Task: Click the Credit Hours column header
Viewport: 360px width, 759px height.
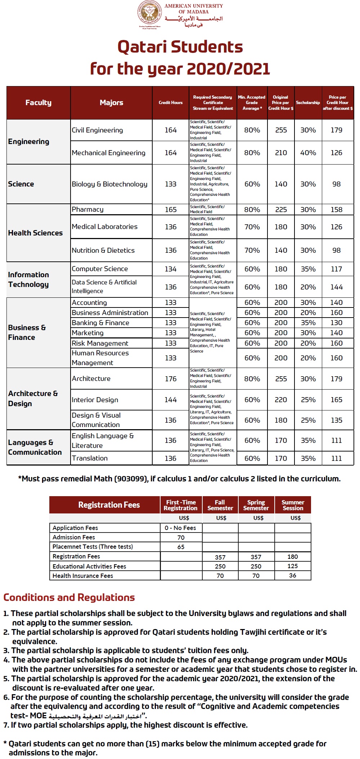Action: coord(171,103)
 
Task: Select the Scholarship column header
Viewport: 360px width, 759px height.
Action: coord(308,103)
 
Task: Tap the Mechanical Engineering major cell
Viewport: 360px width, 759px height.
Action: coord(108,153)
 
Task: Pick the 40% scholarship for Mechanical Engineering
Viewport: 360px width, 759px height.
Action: coord(308,153)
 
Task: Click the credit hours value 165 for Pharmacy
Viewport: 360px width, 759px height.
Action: coord(171,210)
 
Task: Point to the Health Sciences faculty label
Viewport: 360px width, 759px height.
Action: coord(35,233)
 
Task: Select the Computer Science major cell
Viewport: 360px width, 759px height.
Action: coord(100,269)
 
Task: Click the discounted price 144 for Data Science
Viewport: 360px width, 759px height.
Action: coord(337,287)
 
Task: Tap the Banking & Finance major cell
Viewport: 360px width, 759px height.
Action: coord(100,323)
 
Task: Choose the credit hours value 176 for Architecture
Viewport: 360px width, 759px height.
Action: coord(171,379)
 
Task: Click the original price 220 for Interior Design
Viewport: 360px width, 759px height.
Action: coord(281,400)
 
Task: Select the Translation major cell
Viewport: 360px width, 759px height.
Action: coord(90,458)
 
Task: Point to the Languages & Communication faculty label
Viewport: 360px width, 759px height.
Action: coord(35,447)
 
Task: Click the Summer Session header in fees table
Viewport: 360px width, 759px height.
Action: coord(293,505)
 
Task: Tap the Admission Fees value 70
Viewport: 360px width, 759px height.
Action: coord(181,538)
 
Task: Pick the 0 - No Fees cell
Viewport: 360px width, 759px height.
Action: coord(180,528)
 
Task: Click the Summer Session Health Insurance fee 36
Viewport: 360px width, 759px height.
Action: coord(293,575)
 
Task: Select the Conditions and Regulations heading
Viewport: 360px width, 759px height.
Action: coord(69,597)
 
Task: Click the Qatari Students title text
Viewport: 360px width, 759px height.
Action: coord(180,47)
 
